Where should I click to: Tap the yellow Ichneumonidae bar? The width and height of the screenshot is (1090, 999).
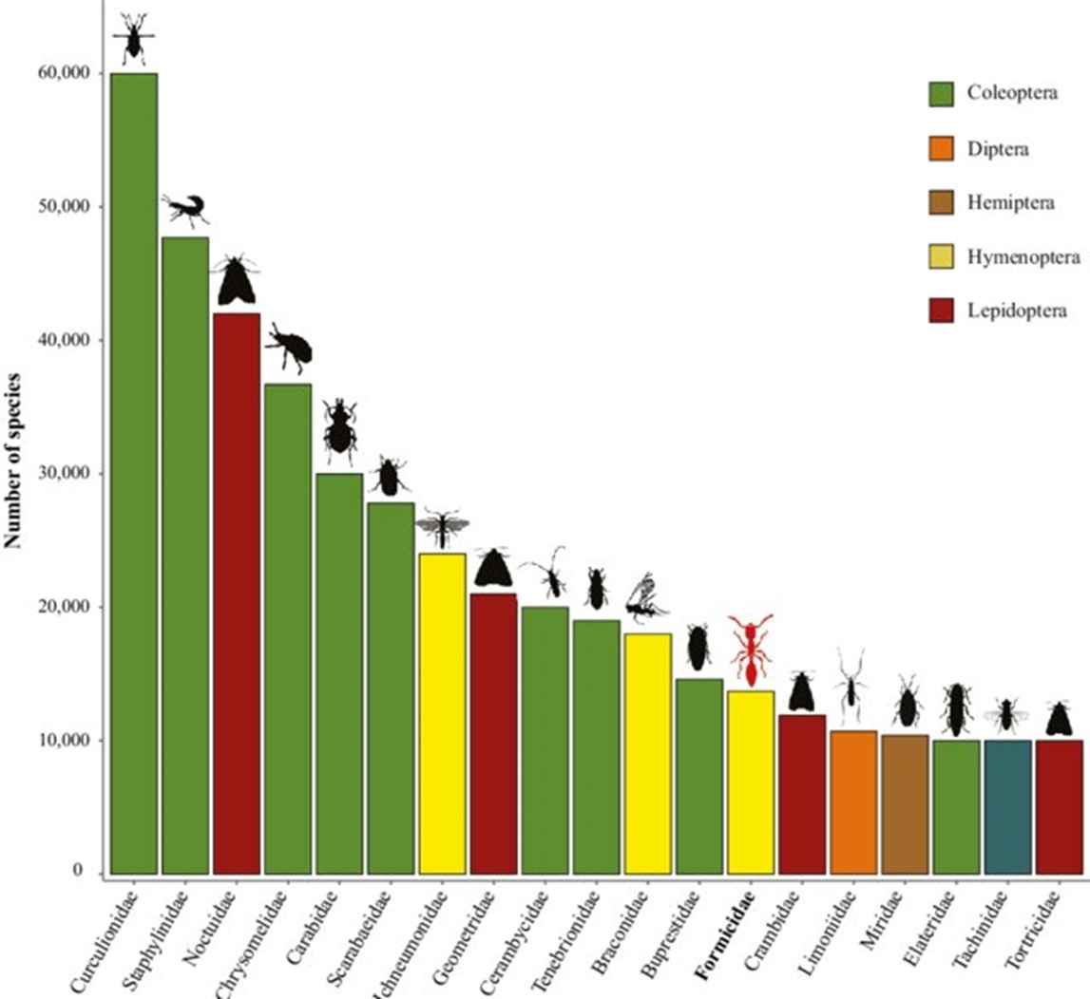click(442, 713)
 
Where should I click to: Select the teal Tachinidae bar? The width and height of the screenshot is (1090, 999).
click(1007, 807)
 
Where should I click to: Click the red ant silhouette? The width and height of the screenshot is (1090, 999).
click(751, 650)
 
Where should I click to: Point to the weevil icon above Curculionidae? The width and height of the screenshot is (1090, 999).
click(134, 38)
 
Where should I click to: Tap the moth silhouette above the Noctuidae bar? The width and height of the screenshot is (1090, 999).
click(236, 281)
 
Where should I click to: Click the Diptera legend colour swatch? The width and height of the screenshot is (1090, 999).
click(940, 148)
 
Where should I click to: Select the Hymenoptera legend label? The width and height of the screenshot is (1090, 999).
click(1013, 256)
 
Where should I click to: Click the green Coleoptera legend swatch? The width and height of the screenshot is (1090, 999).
click(940, 94)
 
